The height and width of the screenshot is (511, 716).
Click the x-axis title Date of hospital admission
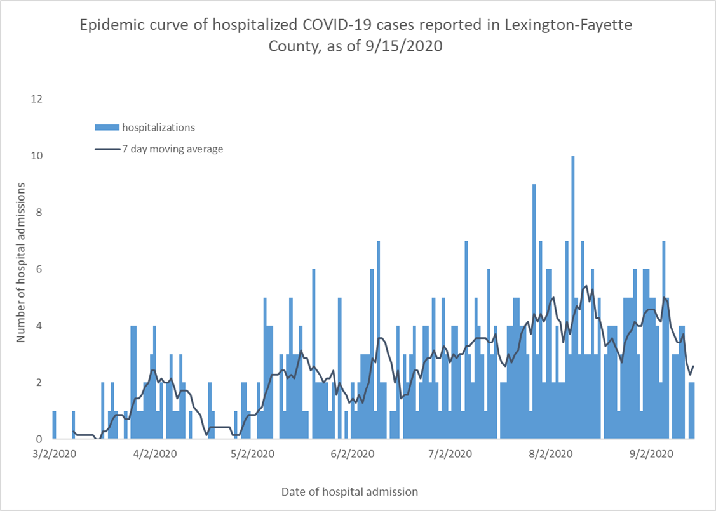coord(349,491)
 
